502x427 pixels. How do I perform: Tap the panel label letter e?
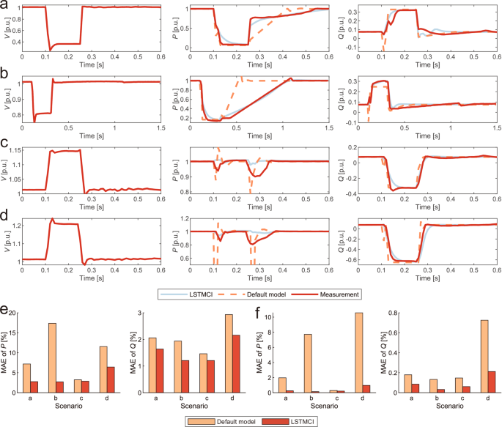point(5,310)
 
